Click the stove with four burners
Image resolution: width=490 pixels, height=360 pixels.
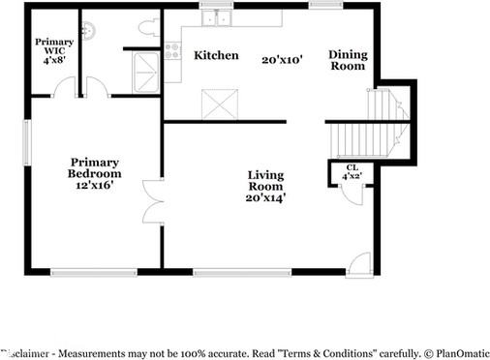pos(172,49)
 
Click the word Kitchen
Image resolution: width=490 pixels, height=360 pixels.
pos(216,55)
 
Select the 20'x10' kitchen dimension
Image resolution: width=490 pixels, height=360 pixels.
pos(283,59)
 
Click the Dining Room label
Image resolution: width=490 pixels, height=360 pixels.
pos(348,60)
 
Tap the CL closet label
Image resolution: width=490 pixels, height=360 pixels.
pos(350,167)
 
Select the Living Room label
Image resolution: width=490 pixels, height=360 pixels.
pos(265,180)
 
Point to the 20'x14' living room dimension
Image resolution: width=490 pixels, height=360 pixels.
pos(265,197)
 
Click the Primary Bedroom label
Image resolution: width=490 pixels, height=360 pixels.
pos(93,167)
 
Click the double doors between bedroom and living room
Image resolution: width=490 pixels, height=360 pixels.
pos(151,201)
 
